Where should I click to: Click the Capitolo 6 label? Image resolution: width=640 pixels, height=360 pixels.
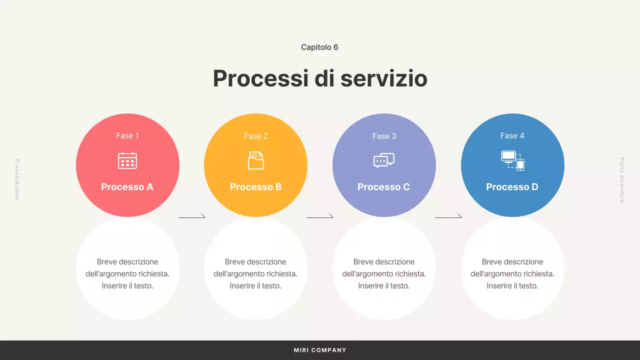click(319, 47)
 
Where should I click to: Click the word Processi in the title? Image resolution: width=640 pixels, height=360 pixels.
click(260, 78)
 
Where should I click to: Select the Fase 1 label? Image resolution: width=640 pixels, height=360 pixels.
click(127, 135)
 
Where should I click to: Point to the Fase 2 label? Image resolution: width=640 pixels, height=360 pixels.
click(255, 136)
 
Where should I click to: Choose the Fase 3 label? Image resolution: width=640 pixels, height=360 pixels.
click(384, 136)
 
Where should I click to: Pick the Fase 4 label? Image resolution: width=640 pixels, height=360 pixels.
click(512, 135)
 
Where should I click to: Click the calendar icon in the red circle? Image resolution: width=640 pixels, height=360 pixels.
click(127, 160)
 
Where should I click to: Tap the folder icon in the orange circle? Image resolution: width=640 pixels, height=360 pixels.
click(255, 160)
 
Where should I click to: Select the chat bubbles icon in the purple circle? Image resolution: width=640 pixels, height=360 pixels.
click(384, 160)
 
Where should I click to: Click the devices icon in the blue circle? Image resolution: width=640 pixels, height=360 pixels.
click(512, 160)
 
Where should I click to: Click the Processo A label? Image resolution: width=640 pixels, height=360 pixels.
click(127, 187)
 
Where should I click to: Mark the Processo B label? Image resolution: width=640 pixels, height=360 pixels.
click(255, 187)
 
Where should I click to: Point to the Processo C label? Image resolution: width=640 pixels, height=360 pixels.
click(383, 187)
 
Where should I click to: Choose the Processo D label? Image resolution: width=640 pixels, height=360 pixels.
click(512, 187)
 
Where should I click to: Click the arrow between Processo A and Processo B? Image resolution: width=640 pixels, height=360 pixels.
click(192, 217)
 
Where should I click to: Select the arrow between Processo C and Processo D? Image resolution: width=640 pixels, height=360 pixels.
click(448, 217)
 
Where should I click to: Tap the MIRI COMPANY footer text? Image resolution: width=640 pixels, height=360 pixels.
click(320, 350)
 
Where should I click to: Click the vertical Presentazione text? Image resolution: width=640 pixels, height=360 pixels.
click(16, 179)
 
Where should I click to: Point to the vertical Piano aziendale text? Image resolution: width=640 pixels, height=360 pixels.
click(622, 180)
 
